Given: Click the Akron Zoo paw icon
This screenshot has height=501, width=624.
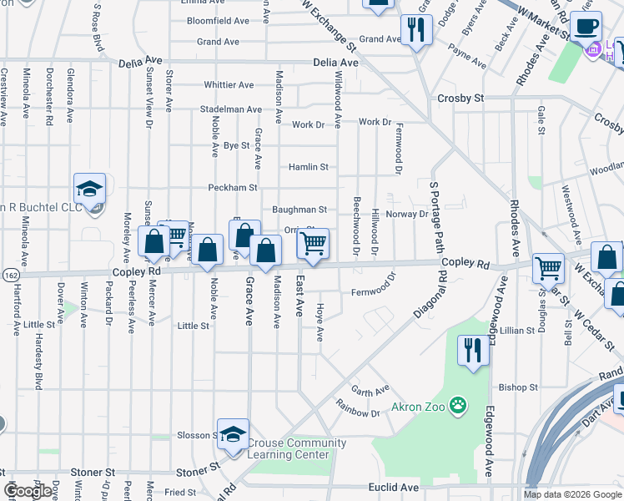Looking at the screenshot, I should pyautogui.click(x=457, y=407).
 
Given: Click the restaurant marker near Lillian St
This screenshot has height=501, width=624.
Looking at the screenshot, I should pyautogui.click(x=474, y=351).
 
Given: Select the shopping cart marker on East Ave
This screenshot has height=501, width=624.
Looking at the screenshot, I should pyautogui.click(x=313, y=244).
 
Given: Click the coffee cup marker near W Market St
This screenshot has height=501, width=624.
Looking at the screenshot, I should pyautogui.click(x=586, y=26).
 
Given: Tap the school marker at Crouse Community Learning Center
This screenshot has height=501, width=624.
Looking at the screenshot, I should pyautogui.click(x=234, y=433).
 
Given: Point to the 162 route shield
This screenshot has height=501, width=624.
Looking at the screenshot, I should pyautogui.click(x=8, y=273).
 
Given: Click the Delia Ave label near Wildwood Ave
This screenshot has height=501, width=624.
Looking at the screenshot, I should pyautogui.click(x=335, y=63).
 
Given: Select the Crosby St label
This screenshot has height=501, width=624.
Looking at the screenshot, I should pyautogui.click(x=460, y=98).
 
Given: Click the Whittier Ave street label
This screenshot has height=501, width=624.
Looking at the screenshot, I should pyautogui.click(x=229, y=85).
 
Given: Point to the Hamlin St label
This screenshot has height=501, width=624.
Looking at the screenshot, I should pyautogui.click(x=308, y=167).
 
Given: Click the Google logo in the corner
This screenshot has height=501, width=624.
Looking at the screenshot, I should pyautogui.click(x=28, y=491).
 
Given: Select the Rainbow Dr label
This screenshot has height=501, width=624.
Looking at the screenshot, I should pyautogui.click(x=358, y=412).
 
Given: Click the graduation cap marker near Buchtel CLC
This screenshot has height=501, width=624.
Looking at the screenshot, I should pyautogui.click(x=89, y=190).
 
